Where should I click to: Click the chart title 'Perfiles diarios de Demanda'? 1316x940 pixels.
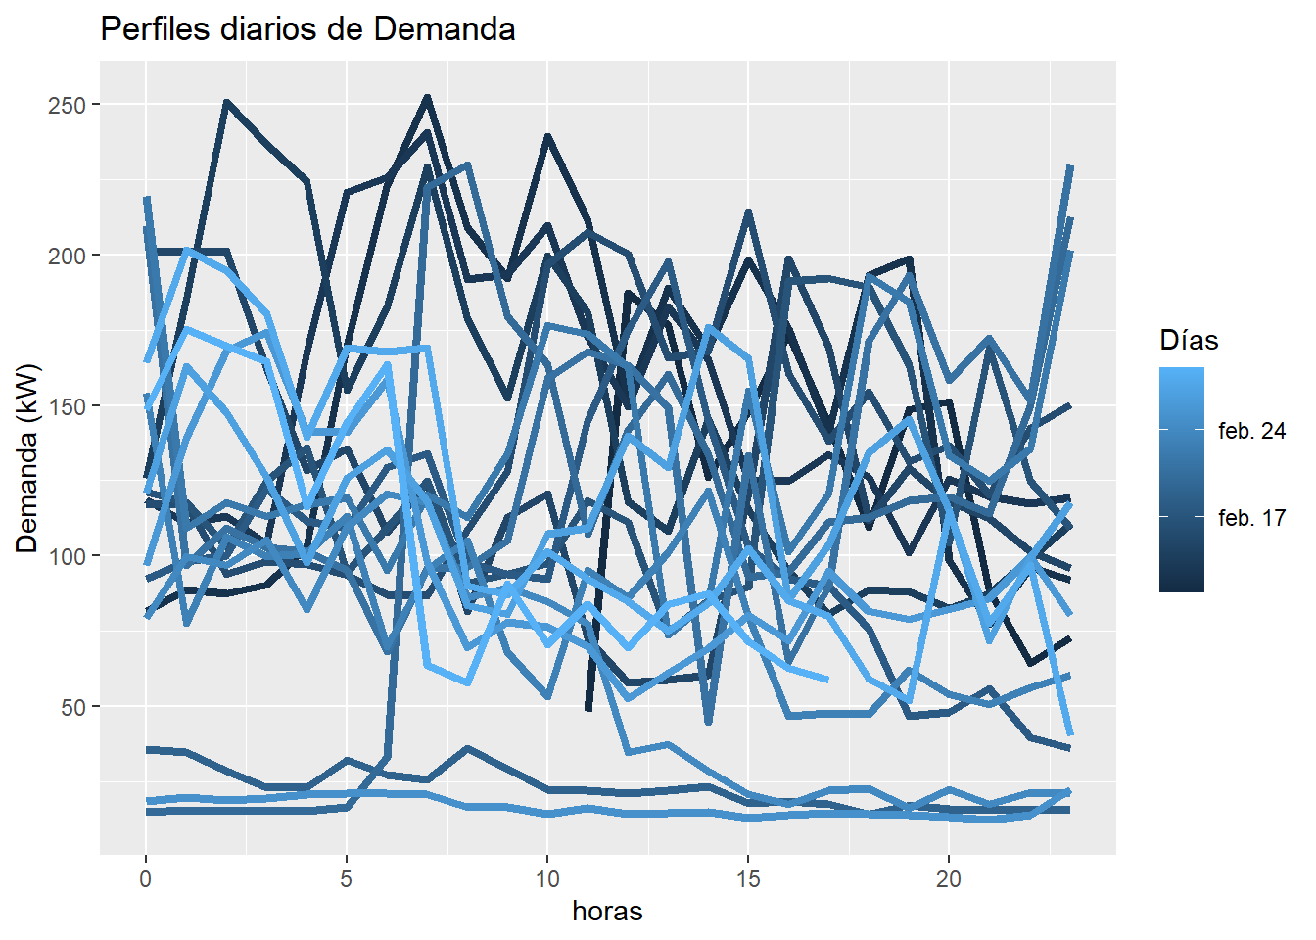pyautogui.click(x=307, y=29)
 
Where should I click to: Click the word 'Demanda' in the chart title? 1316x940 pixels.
pyautogui.click(x=445, y=29)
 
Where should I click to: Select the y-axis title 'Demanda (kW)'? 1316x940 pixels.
pyautogui.click(x=27, y=458)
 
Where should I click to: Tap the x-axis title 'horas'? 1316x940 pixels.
pyautogui.click(x=607, y=912)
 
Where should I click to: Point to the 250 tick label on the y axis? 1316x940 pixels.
pyautogui.click(x=67, y=105)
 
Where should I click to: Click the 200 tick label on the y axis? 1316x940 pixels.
pyautogui.click(x=67, y=256)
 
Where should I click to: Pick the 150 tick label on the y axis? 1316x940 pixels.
pyautogui.click(x=67, y=405)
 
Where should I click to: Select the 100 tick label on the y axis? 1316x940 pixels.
pyautogui.click(x=67, y=556)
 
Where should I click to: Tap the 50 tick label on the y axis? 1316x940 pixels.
pyautogui.click(x=72, y=706)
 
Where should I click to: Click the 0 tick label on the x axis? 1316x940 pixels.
pyautogui.click(x=146, y=878)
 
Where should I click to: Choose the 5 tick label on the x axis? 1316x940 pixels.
pyautogui.click(x=347, y=878)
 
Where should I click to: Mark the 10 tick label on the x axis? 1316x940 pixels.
pyautogui.click(x=547, y=878)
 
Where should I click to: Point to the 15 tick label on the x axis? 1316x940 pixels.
pyautogui.click(x=748, y=878)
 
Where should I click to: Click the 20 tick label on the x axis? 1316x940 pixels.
pyautogui.click(x=948, y=878)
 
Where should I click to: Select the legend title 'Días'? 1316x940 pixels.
pyautogui.click(x=1189, y=341)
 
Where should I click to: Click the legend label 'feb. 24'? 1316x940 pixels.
pyautogui.click(x=1251, y=431)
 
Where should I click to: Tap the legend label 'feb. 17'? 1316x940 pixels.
pyautogui.click(x=1251, y=518)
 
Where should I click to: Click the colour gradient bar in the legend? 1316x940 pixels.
pyautogui.click(x=1181, y=480)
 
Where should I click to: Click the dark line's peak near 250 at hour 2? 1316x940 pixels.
pyautogui.click(x=226, y=102)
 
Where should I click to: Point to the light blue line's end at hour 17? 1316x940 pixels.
pyautogui.click(x=827, y=680)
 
